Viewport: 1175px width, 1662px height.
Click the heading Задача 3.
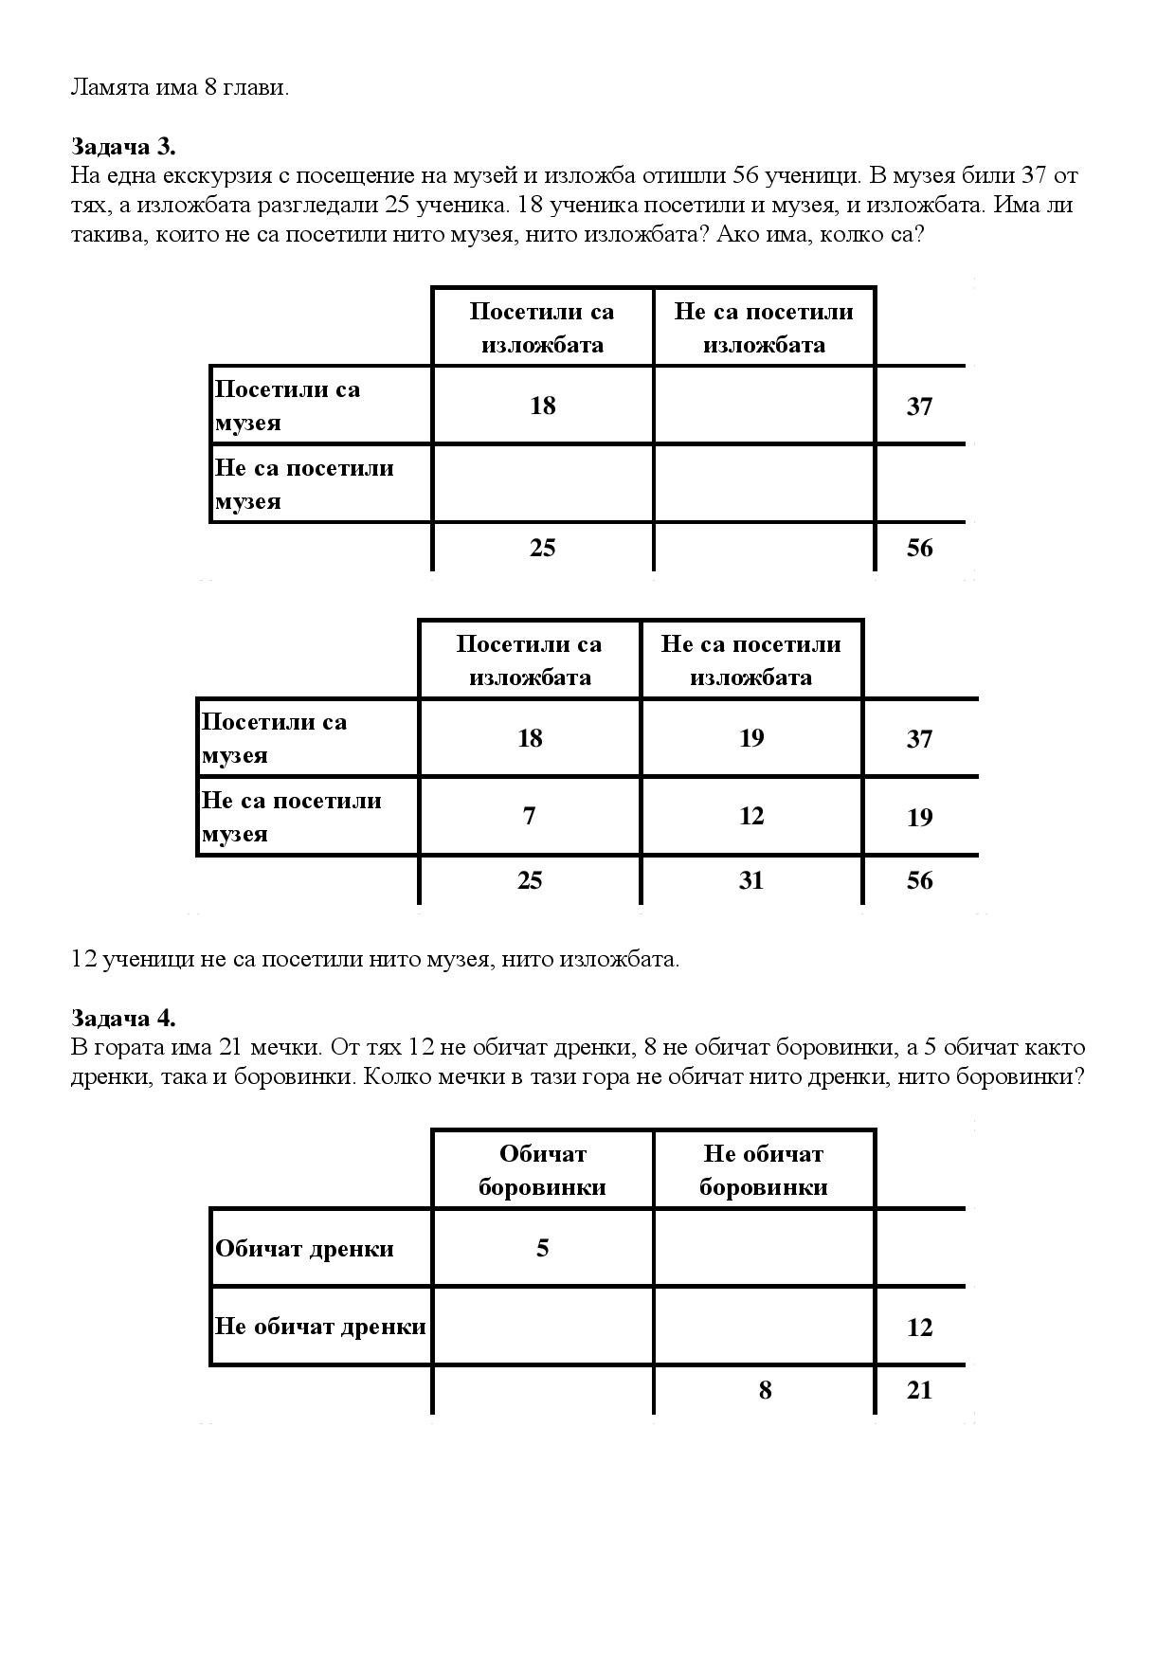click(x=123, y=147)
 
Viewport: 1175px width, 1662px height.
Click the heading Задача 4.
click(x=123, y=1019)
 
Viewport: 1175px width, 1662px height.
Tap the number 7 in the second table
click(x=530, y=816)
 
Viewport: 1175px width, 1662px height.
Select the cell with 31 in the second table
click(x=751, y=880)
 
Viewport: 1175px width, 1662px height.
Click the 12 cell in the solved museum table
click(x=751, y=816)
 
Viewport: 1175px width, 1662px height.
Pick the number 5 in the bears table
click(x=543, y=1248)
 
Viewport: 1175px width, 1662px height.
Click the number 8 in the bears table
click(x=765, y=1390)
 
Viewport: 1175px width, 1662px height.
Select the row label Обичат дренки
click(x=304, y=1249)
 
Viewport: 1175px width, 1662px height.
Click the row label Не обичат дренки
click(x=320, y=1327)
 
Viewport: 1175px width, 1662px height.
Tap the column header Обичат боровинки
click(x=543, y=1170)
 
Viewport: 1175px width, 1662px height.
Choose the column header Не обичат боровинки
click(x=764, y=1170)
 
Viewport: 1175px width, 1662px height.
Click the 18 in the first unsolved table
click(x=543, y=406)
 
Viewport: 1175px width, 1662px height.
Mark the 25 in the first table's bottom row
click(x=543, y=548)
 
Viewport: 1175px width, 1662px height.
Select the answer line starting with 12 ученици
click(x=375, y=959)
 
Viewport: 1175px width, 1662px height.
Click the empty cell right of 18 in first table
click(x=764, y=406)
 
